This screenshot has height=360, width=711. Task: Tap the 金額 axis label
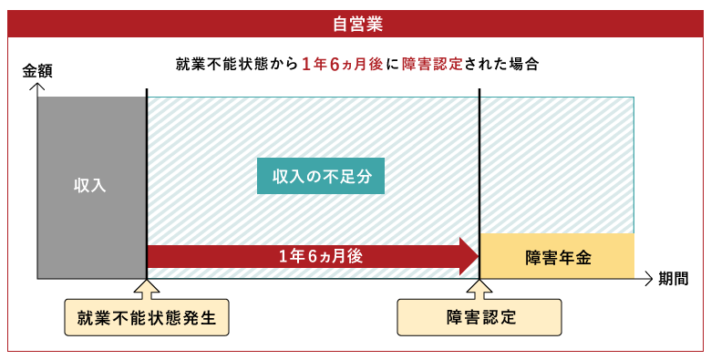coord(37,70)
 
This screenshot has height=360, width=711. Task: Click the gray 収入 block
coord(91,186)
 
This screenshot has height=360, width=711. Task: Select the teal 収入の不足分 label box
coord(321,175)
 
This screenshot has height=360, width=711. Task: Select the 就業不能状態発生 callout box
coord(147,318)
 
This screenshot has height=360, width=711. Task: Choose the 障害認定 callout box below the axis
coord(479,318)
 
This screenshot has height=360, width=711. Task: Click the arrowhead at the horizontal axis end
coord(648,278)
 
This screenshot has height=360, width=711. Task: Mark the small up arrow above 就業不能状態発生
coord(147,289)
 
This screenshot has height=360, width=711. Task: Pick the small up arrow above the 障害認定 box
coord(479,289)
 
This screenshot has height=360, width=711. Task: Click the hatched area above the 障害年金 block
coord(557,164)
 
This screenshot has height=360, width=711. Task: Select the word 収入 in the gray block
coord(91,186)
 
